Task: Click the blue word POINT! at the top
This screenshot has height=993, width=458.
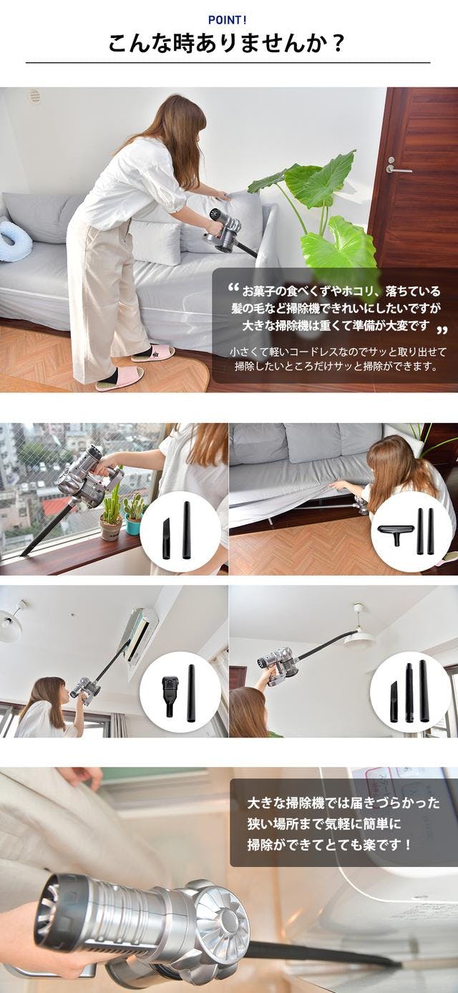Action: click(x=228, y=20)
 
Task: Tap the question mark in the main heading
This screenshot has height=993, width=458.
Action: click(x=338, y=44)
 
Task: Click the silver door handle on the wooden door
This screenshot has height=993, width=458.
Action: click(x=397, y=167)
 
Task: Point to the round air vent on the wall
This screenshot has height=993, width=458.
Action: click(x=34, y=96)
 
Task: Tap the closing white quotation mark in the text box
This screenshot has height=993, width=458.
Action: click(x=441, y=330)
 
